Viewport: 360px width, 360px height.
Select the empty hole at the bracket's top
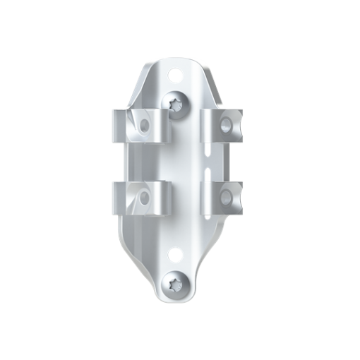pos(174,72)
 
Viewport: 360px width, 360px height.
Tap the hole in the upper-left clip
pos(145,126)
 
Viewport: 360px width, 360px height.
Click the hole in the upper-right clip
pos(226,125)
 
